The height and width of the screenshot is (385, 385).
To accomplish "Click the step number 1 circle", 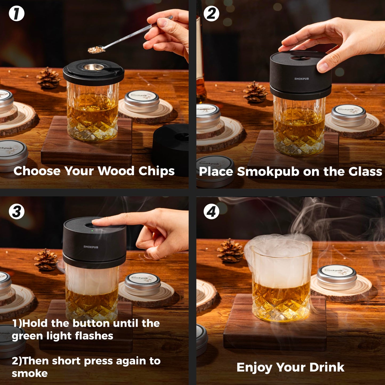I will tap(17, 14).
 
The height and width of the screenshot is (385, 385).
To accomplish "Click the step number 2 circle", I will tap(211, 14).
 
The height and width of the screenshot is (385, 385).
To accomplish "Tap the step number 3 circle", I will tap(17, 212).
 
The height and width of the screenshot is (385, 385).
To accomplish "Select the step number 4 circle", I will tap(211, 212).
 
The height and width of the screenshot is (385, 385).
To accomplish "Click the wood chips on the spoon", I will tap(96, 49).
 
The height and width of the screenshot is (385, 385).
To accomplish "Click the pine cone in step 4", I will tap(230, 250).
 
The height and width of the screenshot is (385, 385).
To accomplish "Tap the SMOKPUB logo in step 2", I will tap(301, 79).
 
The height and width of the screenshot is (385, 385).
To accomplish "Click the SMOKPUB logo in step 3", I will tap(91, 247).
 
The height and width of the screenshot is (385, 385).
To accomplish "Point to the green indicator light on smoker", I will tap(92, 231).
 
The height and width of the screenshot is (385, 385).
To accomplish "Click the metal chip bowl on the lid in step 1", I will tap(94, 67).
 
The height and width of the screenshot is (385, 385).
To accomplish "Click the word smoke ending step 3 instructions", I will tap(30, 374).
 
